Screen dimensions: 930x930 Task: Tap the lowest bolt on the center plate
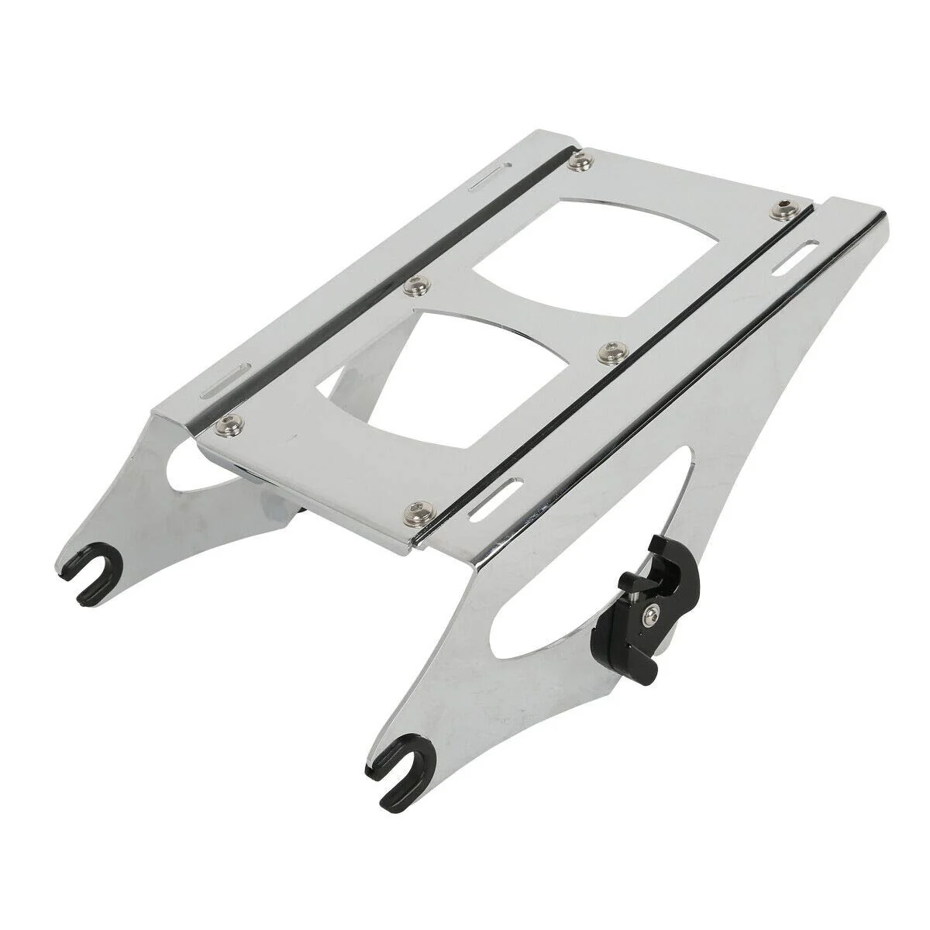coord(421,507)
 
